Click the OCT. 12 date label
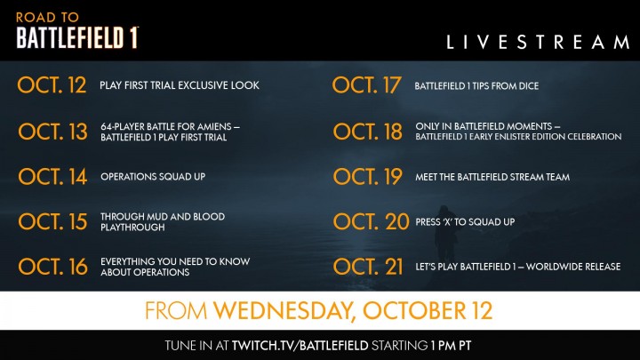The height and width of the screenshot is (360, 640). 52,85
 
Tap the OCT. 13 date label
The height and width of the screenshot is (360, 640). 52,132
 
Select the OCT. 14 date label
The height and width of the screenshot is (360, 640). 52,177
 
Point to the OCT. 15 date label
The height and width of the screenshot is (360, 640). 52,221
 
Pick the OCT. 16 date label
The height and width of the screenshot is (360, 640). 52,266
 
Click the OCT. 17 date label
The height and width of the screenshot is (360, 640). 367,85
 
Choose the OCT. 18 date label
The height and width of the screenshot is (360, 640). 367,132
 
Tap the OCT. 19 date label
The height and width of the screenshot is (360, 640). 367,177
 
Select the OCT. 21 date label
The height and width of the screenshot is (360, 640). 367,266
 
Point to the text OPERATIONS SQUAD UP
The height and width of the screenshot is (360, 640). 152,177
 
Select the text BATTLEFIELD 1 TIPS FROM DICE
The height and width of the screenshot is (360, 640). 476,86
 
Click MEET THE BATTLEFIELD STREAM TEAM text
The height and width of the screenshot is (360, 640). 492,177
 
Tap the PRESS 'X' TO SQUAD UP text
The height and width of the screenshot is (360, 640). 466,221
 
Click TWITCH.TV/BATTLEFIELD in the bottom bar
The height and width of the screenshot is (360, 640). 295,344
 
